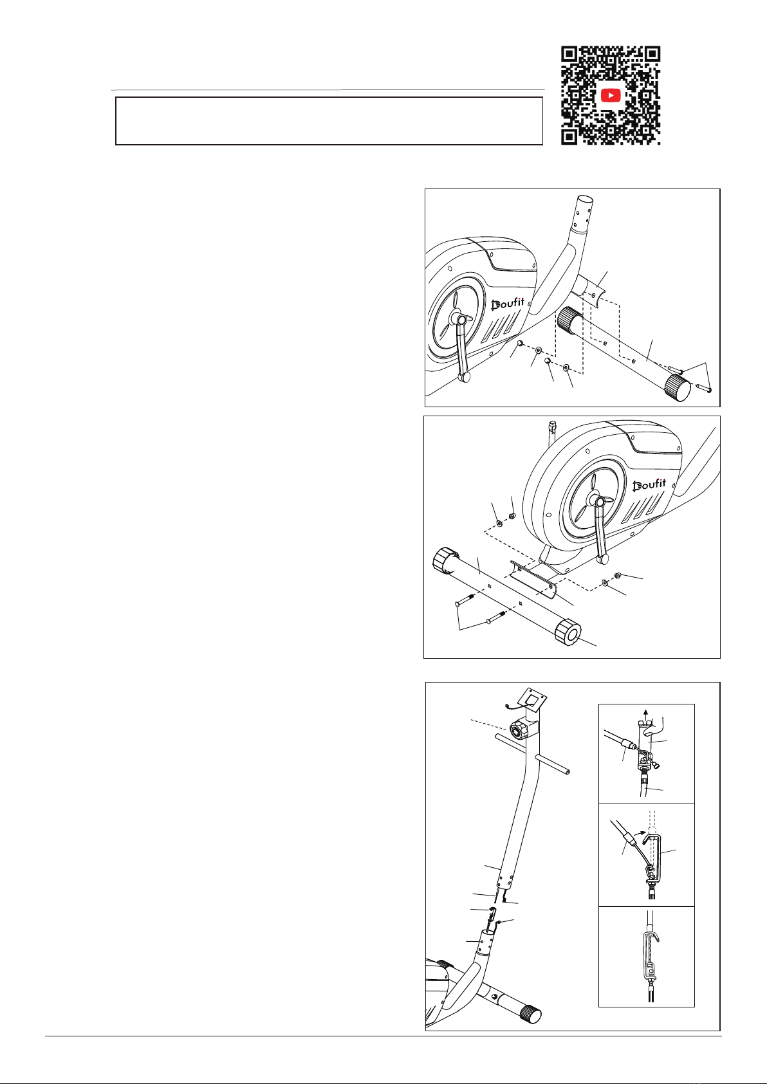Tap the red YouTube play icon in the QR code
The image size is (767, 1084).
coord(611,95)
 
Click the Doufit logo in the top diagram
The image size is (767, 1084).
coord(508,304)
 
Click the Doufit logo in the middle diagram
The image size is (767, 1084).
coord(649,484)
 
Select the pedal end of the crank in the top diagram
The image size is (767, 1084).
coord(465,376)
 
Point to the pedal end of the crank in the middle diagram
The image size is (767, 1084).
coord(603,559)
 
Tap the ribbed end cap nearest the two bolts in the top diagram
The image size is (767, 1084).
coord(678,388)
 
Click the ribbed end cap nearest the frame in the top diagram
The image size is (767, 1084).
coord(569,320)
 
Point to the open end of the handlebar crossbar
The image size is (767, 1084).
coord(567,772)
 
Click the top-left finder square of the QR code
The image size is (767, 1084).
coord(569,53)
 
